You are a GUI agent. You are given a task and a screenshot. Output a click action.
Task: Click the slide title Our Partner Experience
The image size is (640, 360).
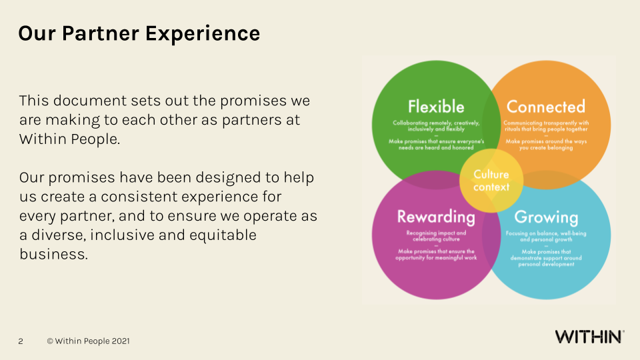[x=139, y=33]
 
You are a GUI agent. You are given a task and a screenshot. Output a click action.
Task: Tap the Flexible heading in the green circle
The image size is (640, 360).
[x=436, y=107]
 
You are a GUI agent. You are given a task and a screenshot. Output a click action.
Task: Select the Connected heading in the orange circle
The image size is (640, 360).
[x=545, y=107]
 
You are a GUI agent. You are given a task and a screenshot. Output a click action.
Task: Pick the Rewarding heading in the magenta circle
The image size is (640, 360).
[x=436, y=217]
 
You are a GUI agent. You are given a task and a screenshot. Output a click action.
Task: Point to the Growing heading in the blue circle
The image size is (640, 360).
[x=546, y=217]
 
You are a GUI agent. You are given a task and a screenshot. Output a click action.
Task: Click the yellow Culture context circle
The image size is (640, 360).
[x=491, y=181]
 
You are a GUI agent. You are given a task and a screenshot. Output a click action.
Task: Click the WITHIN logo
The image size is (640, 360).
[x=589, y=337]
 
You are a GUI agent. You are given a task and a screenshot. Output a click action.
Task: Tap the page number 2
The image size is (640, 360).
[x=21, y=341]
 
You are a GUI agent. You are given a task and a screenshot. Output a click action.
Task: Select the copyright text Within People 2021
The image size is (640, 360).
[x=88, y=341]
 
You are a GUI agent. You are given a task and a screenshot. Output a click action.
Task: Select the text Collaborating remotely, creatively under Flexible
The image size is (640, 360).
[x=435, y=123]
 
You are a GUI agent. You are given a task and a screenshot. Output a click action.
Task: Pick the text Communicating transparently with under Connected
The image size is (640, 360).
[x=546, y=123]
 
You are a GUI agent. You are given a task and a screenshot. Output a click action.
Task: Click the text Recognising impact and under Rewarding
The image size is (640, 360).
[x=436, y=233]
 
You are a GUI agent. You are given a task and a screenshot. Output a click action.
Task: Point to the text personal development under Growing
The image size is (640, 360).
[x=546, y=264]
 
